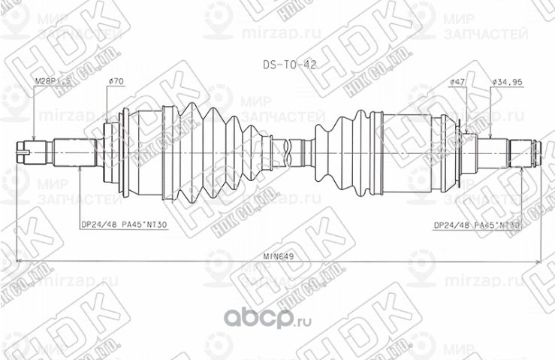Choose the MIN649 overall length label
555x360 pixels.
(x=278, y=256)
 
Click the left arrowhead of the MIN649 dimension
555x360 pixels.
(x=18, y=262)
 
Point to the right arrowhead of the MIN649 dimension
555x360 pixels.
(x=538, y=262)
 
